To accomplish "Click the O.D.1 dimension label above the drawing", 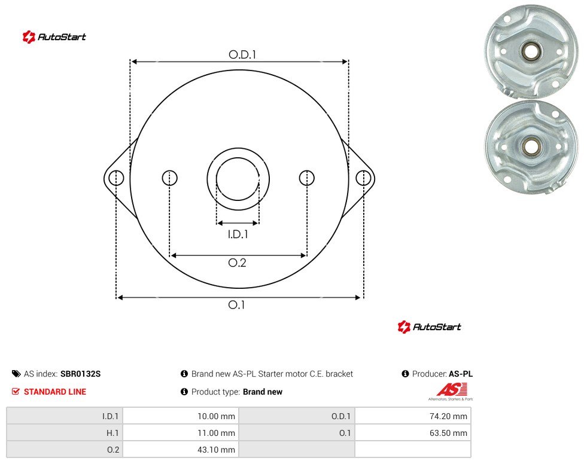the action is (x=242, y=54).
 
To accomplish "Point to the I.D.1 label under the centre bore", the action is (x=238, y=234).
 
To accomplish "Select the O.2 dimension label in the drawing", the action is (x=237, y=262).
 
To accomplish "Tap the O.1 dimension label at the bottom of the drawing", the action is (x=236, y=305).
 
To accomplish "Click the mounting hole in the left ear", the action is (x=116, y=178).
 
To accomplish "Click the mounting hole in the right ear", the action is (x=363, y=178).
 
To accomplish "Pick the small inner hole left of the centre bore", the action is (x=170, y=178).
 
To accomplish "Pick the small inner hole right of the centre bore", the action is (x=307, y=178).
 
